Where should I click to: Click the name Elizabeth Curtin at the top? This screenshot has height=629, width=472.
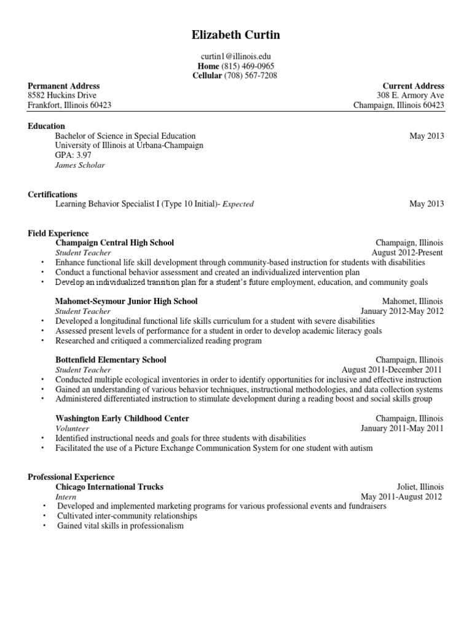click(236, 36)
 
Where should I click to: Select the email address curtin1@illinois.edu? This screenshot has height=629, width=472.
click(236, 56)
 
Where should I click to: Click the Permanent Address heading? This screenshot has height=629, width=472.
click(64, 86)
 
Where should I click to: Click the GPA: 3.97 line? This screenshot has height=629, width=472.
click(73, 155)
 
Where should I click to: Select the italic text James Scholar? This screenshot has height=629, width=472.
click(80, 165)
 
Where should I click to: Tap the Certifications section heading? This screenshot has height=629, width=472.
click(53, 194)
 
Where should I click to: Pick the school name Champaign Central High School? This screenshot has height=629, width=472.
click(115, 243)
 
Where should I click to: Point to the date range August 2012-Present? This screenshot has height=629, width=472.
click(407, 252)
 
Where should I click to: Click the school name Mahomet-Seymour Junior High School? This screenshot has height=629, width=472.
click(127, 302)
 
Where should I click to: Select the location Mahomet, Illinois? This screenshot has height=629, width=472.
click(412, 302)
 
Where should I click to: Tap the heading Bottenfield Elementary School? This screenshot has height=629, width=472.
click(111, 360)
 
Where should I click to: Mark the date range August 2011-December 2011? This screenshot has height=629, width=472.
click(392, 370)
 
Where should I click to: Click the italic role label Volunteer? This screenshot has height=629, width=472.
click(73, 428)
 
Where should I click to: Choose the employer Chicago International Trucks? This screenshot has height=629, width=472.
click(109, 486)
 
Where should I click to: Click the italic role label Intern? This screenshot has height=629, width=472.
click(66, 496)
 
